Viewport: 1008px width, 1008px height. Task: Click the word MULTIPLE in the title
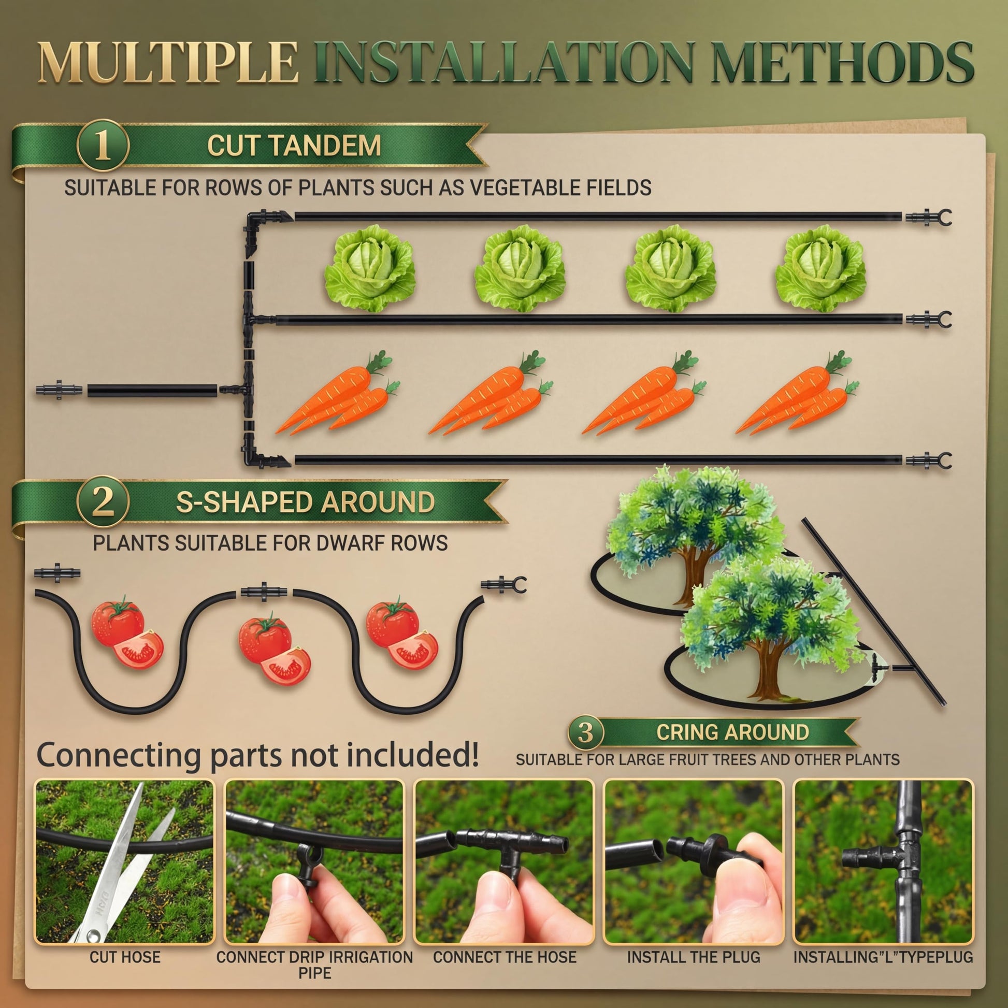click(168, 63)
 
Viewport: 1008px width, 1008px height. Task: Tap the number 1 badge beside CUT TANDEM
click(102, 146)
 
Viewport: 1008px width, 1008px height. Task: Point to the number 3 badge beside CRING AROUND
click(586, 732)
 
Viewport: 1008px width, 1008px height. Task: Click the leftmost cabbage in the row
click(370, 268)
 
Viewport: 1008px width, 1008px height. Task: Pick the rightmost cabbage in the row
click(820, 268)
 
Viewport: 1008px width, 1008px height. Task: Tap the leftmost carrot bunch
click(338, 393)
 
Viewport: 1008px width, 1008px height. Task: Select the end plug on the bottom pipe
click(928, 460)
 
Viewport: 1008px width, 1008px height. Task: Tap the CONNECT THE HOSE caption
click(505, 957)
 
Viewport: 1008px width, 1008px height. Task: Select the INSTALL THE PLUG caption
click(694, 957)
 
